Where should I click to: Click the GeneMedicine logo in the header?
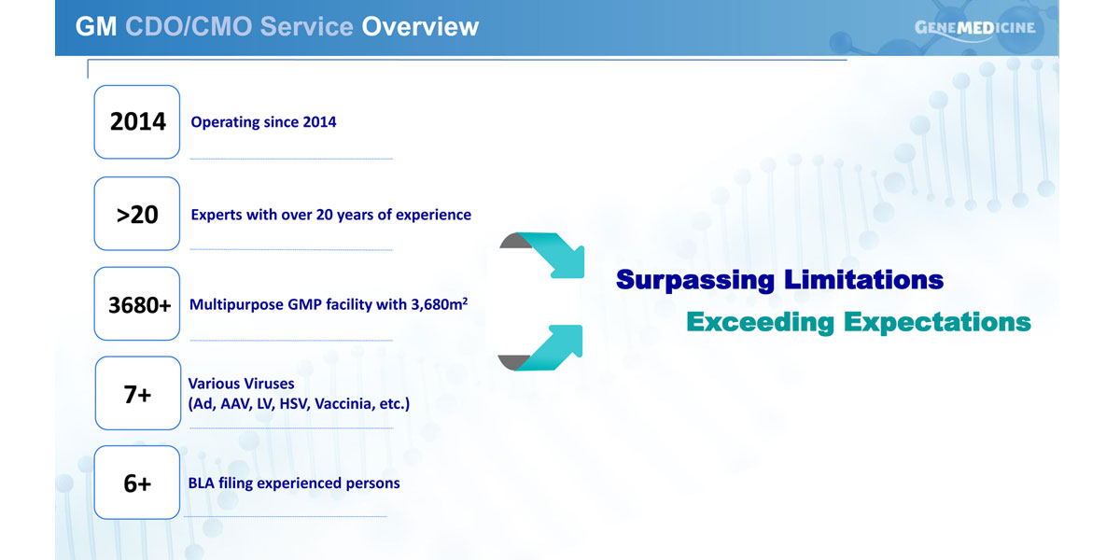click(975, 29)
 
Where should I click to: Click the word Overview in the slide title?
click(420, 26)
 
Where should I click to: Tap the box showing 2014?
click(137, 122)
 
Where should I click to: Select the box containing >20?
click(137, 214)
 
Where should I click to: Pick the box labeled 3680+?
click(137, 303)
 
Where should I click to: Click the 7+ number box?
click(138, 393)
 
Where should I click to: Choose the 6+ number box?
click(137, 483)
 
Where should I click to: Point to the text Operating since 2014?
click(263, 122)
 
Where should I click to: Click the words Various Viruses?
click(241, 384)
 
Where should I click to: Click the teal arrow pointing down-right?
click(550, 253)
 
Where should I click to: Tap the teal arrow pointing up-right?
click(550, 348)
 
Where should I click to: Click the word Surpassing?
click(695, 280)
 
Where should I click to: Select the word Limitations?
click(864, 279)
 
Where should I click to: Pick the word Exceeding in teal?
click(760, 322)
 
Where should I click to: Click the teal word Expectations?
click(937, 322)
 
